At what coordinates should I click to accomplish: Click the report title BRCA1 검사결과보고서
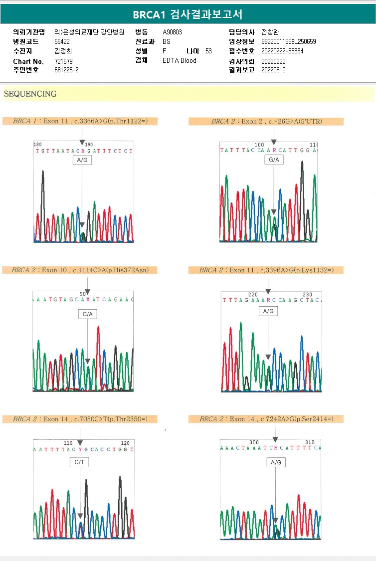pyautogui.click(x=188, y=14)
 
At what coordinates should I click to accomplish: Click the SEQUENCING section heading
pyautogui.click(x=30, y=94)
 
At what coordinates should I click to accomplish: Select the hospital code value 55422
pyautogui.click(x=62, y=41)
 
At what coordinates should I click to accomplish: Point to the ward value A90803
pyautogui.click(x=173, y=32)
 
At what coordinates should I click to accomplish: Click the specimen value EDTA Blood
pyautogui.click(x=180, y=61)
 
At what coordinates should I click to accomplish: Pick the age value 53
pyautogui.click(x=208, y=51)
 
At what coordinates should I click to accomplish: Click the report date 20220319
pyautogui.click(x=273, y=70)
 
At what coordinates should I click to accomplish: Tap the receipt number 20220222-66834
pyautogui.click(x=282, y=51)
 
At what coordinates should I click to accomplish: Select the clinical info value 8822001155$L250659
pyautogui.click(x=288, y=41)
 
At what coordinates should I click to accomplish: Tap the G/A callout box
pyautogui.click(x=274, y=160)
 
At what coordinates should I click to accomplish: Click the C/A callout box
pyautogui.click(x=88, y=314)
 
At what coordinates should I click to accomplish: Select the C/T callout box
pyautogui.click(x=80, y=462)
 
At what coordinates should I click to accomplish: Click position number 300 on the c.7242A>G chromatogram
pyautogui.click(x=254, y=442)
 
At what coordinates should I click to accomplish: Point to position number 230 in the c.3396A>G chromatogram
pyautogui.click(x=308, y=295)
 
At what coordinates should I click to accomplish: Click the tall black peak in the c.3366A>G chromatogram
pyautogui.click(x=43, y=199)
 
